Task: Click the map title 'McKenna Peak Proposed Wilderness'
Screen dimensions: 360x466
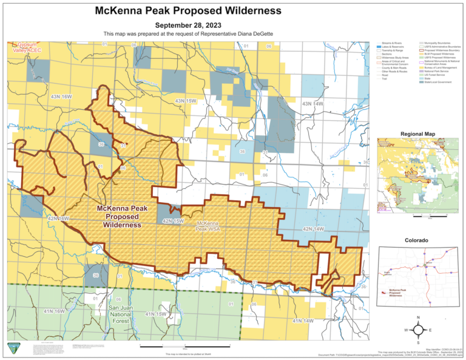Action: [x=188, y=11]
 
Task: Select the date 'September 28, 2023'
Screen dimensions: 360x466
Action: [x=188, y=25]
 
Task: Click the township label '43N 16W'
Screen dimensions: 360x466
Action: [x=61, y=97]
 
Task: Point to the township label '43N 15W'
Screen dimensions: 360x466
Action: [x=185, y=101]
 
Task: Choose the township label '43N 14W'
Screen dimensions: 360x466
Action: [x=313, y=104]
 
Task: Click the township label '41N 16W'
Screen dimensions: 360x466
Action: [x=54, y=311]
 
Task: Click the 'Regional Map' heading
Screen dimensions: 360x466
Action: [x=417, y=134]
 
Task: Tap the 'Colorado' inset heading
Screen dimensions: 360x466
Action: [x=417, y=241]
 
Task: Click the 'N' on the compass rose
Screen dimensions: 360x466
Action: [x=418, y=318]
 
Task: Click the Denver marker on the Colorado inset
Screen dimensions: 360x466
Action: [x=428, y=263]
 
